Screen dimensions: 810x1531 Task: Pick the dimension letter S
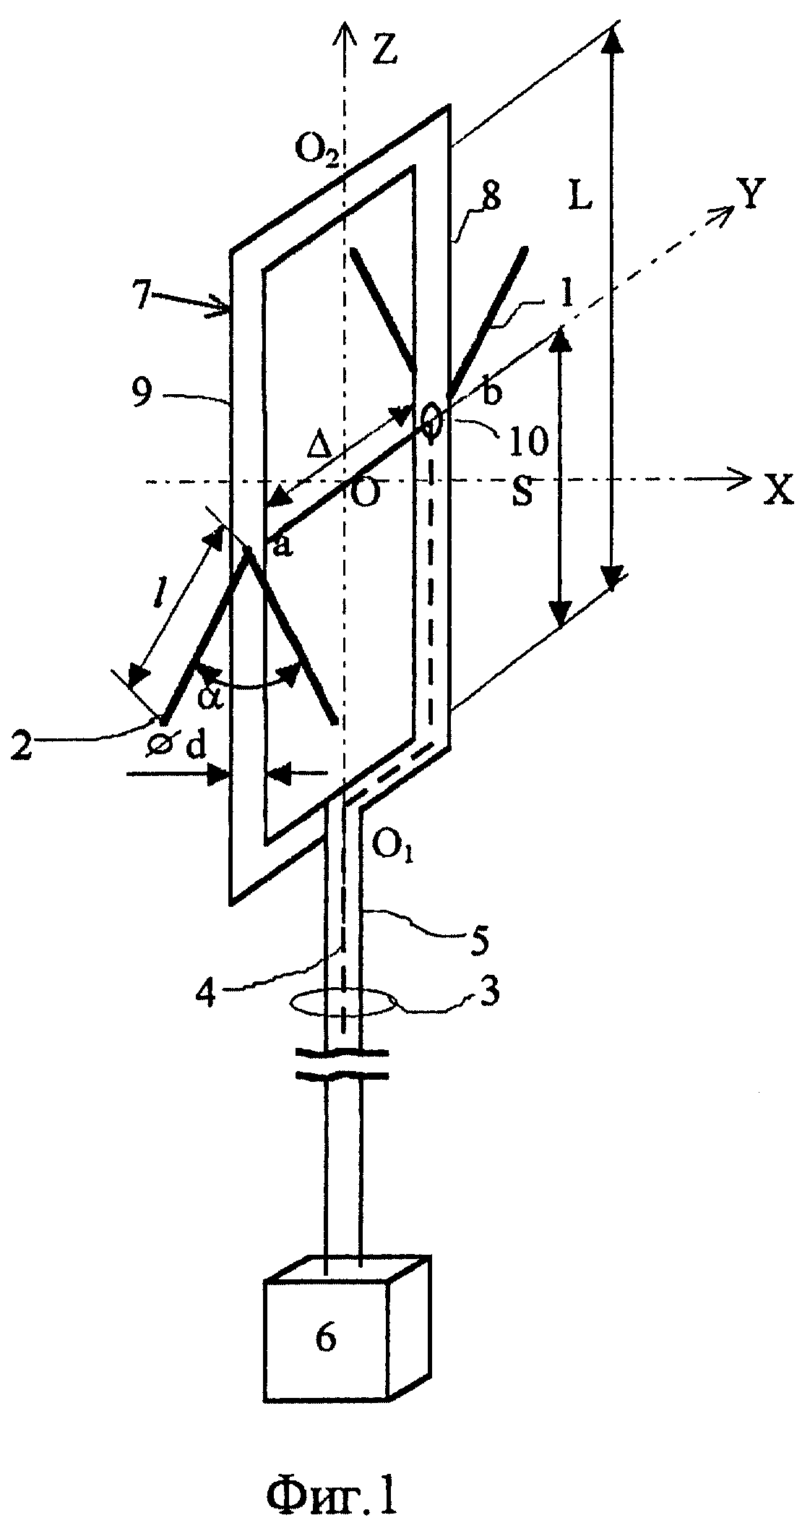click(x=522, y=492)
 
